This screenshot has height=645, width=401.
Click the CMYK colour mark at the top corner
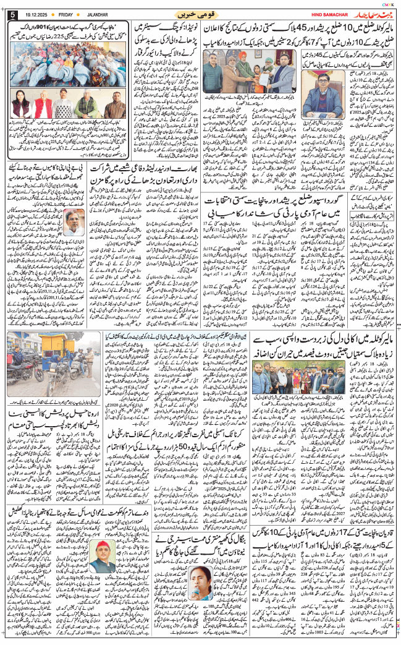pyautogui.click(x=389, y=3)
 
